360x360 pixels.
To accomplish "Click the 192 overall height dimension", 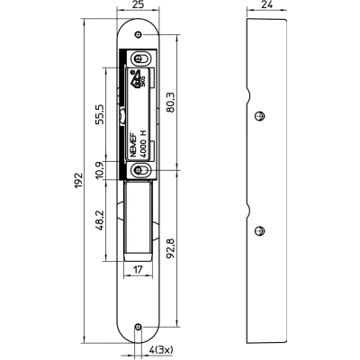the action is tap(78, 181).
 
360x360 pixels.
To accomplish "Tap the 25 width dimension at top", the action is tap(138, 4).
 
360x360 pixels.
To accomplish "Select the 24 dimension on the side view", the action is tap(266, 4).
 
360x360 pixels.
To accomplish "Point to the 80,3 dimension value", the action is tap(170, 103).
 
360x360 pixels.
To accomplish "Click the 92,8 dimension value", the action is tap(170, 247).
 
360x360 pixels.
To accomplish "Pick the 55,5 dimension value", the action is tap(100, 114).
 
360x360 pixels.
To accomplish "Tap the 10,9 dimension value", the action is tap(100, 170).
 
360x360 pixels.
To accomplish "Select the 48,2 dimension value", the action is tap(100, 220).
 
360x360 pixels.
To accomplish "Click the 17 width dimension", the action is tap(138, 270).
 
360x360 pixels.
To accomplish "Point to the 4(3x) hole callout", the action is tap(161, 350).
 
